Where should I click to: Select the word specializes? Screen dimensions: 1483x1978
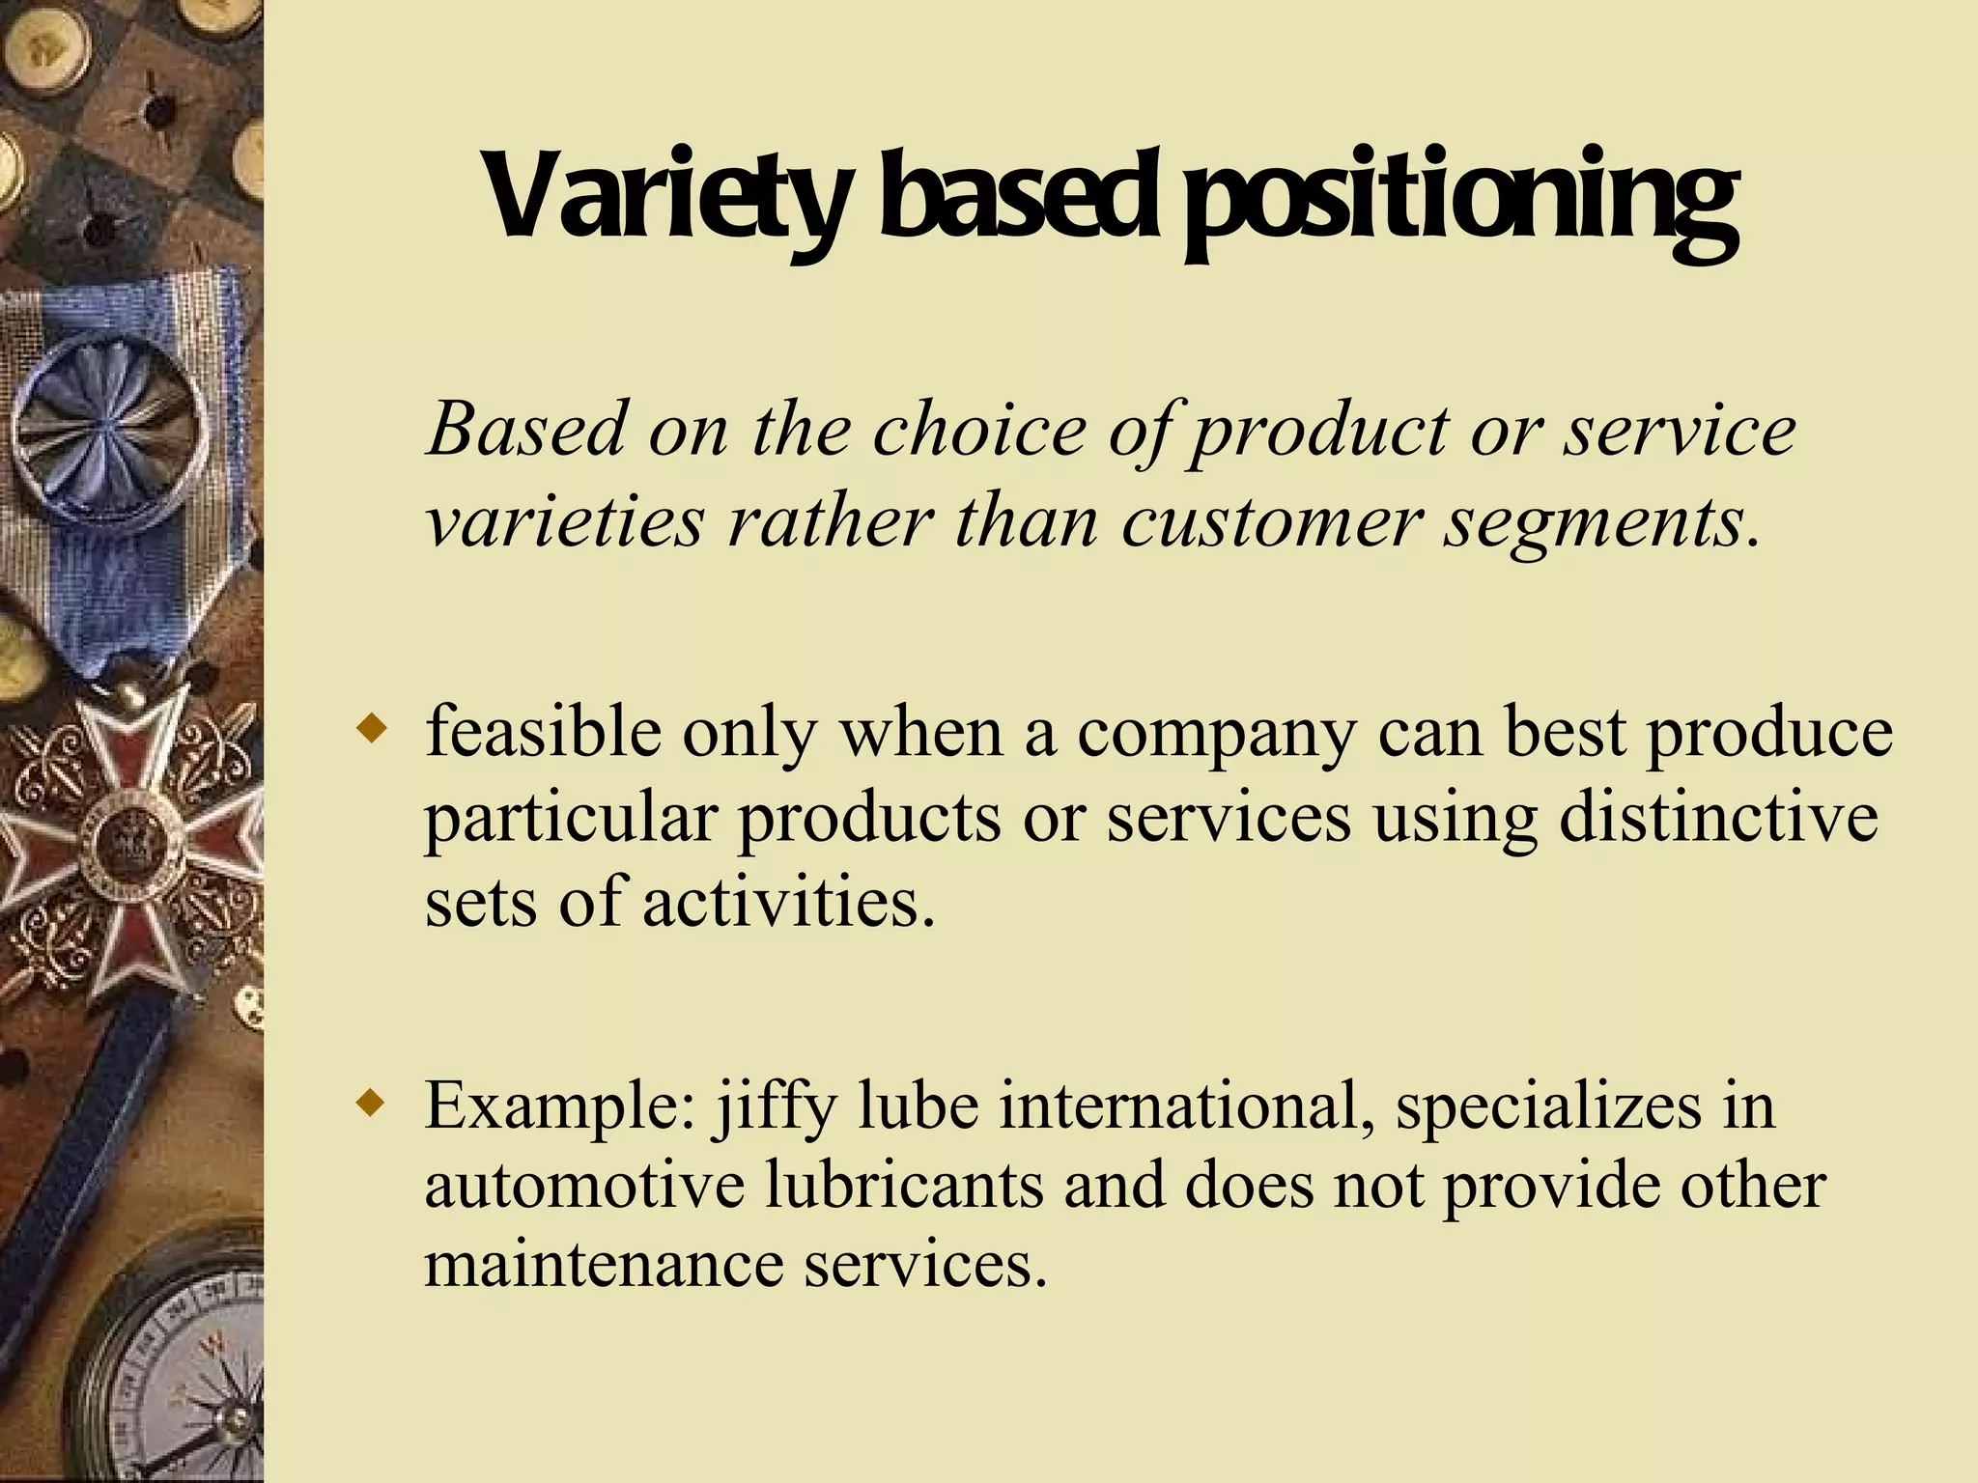pyautogui.click(x=1549, y=1108)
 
